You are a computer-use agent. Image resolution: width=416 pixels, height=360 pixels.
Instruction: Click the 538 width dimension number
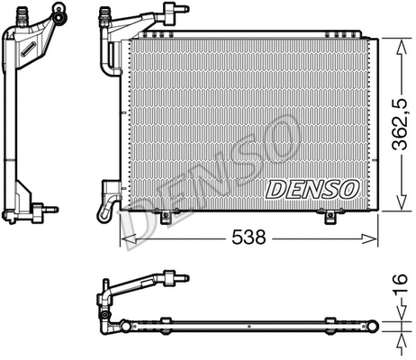[249, 238]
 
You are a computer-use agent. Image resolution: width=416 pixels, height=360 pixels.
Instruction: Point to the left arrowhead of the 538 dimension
[126, 238]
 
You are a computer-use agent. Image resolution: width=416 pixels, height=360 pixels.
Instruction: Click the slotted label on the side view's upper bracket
[30, 42]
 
